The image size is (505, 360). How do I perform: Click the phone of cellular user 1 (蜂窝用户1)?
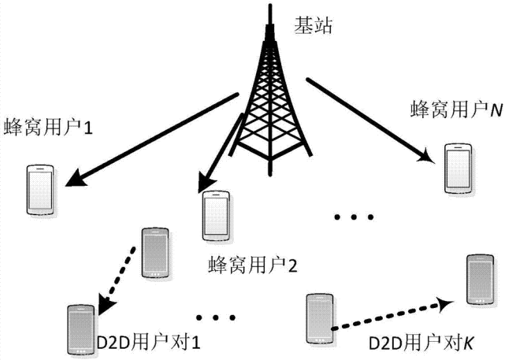coord(39,189)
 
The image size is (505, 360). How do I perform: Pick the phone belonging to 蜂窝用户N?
coord(456,168)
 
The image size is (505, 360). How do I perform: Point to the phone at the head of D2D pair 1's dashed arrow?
coord(79,327)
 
